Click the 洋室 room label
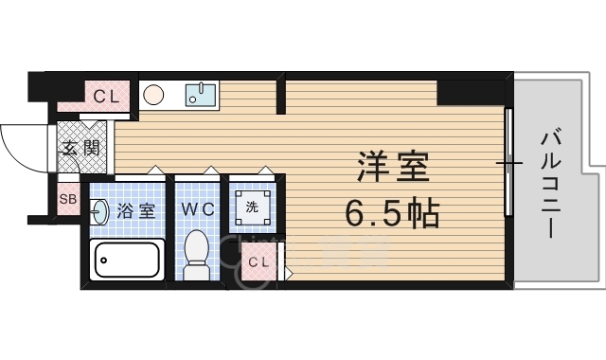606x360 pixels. [x=392, y=169]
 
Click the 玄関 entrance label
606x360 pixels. [x=80, y=147]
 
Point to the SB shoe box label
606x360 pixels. [x=67, y=199]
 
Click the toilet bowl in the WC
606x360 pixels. [x=197, y=251]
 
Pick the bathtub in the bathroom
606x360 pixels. [x=126, y=259]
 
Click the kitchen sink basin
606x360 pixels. [x=200, y=94]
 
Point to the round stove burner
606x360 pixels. [x=154, y=95]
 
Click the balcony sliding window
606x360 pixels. [x=509, y=164]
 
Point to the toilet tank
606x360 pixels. [x=197, y=273]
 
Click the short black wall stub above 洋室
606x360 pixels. [x=281, y=97]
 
